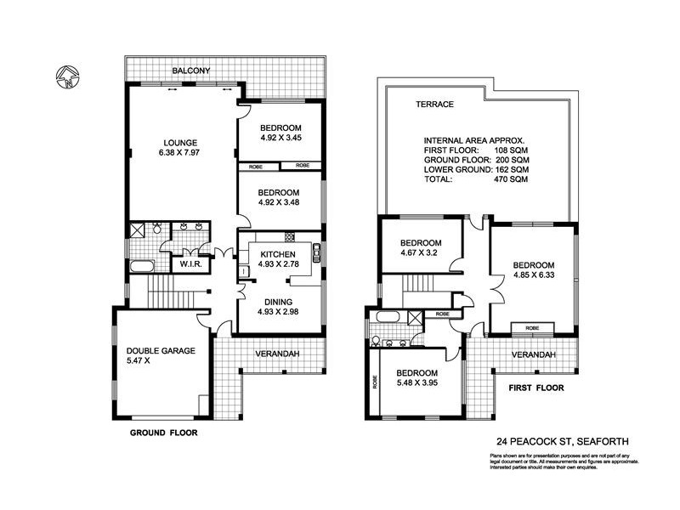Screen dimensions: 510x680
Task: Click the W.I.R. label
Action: [189, 264]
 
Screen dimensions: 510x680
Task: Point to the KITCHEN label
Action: [278, 254]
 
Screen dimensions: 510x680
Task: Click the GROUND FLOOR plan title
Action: [163, 432]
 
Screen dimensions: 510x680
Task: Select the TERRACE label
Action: [433, 105]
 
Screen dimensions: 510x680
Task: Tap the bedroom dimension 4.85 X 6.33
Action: [533, 275]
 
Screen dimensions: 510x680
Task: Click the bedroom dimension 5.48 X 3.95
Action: [416, 383]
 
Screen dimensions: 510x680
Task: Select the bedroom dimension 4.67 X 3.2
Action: [422, 252]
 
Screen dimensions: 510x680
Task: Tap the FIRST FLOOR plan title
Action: [537, 387]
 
